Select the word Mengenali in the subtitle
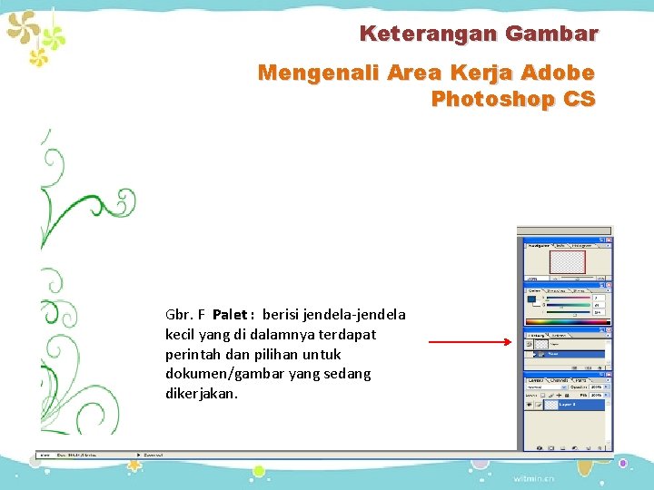[312, 73]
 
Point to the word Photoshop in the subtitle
[494, 99]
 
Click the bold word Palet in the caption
[230, 315]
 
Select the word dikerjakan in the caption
[201, 394]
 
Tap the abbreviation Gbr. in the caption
[178, 315]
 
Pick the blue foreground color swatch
[530, 299]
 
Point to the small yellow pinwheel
[37, 57]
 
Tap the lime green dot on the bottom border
[258, 471]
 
